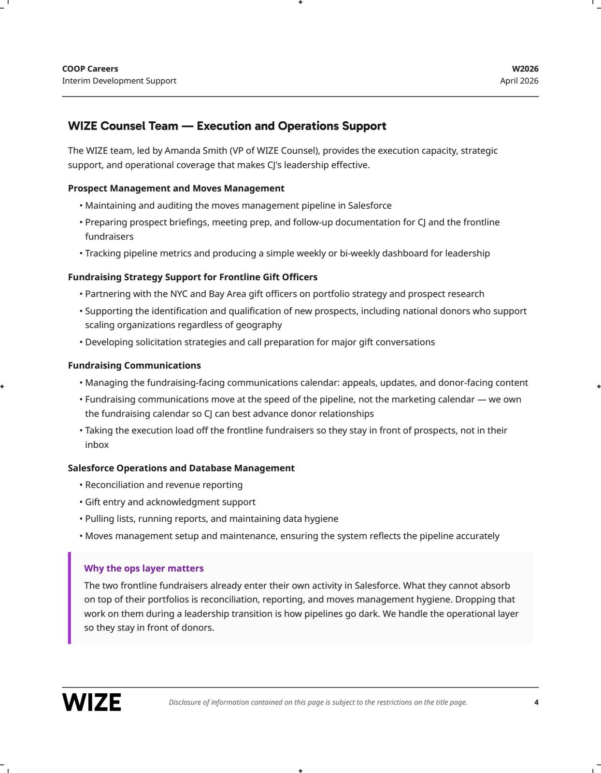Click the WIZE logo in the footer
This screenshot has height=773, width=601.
tap(92, 702)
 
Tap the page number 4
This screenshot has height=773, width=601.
tap(536, 702)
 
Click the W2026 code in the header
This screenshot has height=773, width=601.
tap(525, 69)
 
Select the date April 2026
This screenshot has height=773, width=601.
tap(519, 81)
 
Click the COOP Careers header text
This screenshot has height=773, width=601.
tap(90, 69)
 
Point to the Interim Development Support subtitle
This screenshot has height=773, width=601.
tap(119, 81)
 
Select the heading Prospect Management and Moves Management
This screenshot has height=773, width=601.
tap(176, 188)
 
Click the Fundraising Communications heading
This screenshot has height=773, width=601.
tap(134, 366)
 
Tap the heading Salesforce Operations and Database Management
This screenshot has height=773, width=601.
tap(181, 468)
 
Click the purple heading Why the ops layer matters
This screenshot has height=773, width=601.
tap(144, 568)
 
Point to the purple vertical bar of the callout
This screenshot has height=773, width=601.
tap(70, 598)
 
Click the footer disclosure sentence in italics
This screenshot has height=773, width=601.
tap(318, 702)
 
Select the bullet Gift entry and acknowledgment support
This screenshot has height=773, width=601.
tap(170, 502)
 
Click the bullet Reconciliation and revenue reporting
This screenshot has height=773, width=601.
tap(164, 485)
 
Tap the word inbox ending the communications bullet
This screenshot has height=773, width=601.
tap(97, 444)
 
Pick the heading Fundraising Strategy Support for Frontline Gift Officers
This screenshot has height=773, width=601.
tap(193, 277)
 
